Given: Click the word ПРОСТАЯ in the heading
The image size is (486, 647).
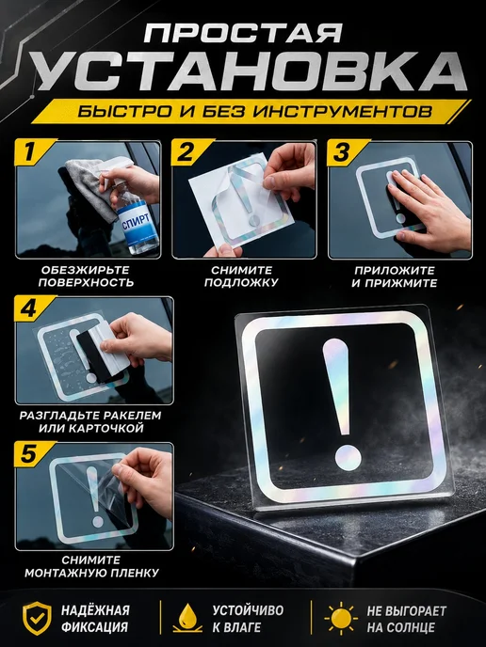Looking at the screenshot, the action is point(243,33).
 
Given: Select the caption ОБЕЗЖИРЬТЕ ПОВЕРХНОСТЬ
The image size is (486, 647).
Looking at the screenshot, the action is point(86,276).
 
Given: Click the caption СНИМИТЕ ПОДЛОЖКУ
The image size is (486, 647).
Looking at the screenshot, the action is point(241,276).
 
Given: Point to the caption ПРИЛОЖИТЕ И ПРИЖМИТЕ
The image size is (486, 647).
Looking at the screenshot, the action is point(395,276).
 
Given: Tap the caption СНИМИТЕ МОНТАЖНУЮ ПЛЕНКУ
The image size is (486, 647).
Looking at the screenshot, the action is point(91,566).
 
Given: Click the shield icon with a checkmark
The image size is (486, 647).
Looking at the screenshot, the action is point(37,618).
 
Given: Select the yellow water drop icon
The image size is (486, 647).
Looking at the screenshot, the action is point(187,618).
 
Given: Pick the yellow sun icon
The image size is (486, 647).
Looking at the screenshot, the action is point(341,618).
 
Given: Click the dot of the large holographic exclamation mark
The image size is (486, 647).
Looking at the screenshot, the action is point(348,457).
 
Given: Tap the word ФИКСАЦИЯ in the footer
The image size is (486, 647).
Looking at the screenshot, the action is point(94,627).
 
